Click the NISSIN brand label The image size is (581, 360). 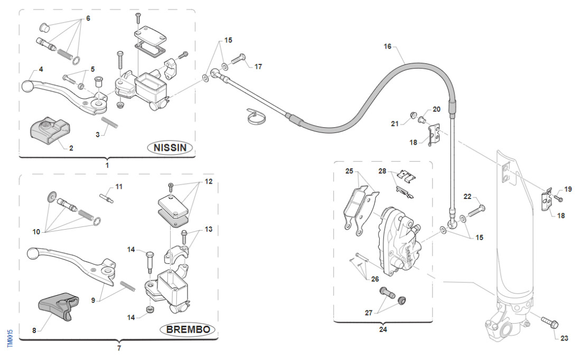(x=170, y=148)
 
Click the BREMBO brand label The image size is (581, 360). (x=188, y=330)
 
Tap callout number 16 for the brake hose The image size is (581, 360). (x=388, y=47)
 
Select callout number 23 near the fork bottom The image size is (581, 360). (x=564, y=338)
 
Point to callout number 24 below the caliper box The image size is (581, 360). (x=382, y=330)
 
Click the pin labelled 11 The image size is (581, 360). (x=107, y=196)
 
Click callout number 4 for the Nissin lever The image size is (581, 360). (x=41, y=69)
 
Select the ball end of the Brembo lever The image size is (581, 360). (x=32, y=255)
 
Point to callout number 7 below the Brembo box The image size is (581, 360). (x=119, y=348)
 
